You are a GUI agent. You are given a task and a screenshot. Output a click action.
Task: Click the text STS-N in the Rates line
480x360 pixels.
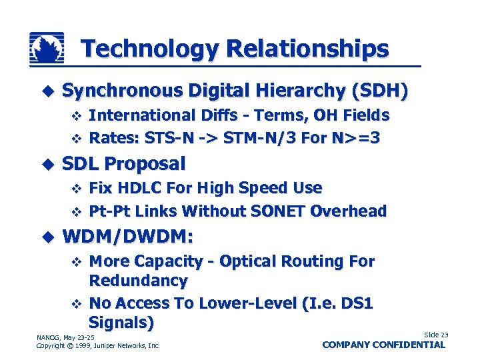pos(165,139)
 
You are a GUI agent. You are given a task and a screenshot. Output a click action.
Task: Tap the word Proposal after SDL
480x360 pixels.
pos(145,163)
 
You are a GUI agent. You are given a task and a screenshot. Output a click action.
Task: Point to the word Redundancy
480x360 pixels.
pos(138,280)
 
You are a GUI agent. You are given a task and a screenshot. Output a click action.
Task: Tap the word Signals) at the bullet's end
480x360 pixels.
pos(121,323)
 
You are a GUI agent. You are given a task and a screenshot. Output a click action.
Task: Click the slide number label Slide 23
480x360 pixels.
pos(436,335)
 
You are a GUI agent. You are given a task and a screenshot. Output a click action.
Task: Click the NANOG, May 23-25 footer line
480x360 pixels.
pos(65,337)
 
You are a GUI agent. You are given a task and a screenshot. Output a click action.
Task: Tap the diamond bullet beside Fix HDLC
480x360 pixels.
pos(75,189)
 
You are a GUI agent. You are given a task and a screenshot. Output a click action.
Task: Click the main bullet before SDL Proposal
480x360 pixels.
pos(46,164)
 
